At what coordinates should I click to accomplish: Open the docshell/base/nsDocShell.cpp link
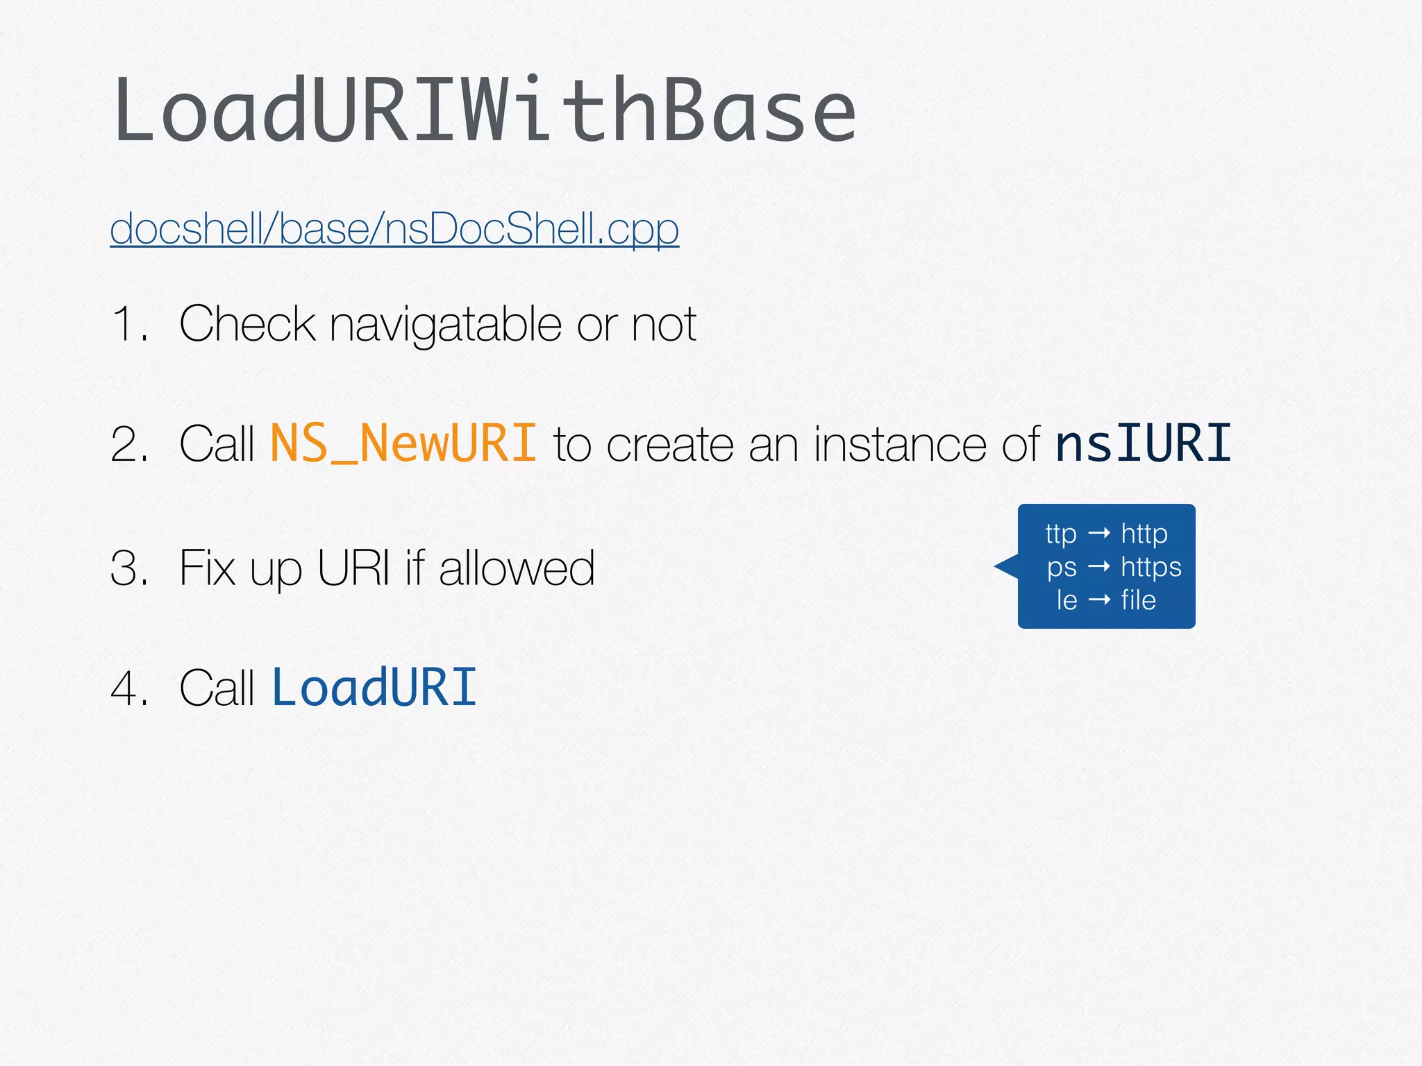tap(394, 228)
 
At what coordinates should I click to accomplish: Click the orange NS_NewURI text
tap(403, 443)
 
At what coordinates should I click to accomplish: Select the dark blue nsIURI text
tap(1143, 443)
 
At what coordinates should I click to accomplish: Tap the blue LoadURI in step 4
tap(374, 688)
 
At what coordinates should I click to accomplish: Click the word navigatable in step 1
tap(445, 324)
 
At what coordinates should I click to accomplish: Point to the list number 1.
tap(128, 324)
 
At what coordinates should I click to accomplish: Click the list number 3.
tap(128, 568)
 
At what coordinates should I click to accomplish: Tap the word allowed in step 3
tap(517, 568)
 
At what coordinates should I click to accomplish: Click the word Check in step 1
tap(246, 324)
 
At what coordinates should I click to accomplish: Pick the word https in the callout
tap(1151, 568)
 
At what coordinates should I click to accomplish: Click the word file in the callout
tap(1138, 600)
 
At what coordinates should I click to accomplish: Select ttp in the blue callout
tap(1060, 534)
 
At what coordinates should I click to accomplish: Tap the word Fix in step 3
tap(207, 568)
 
